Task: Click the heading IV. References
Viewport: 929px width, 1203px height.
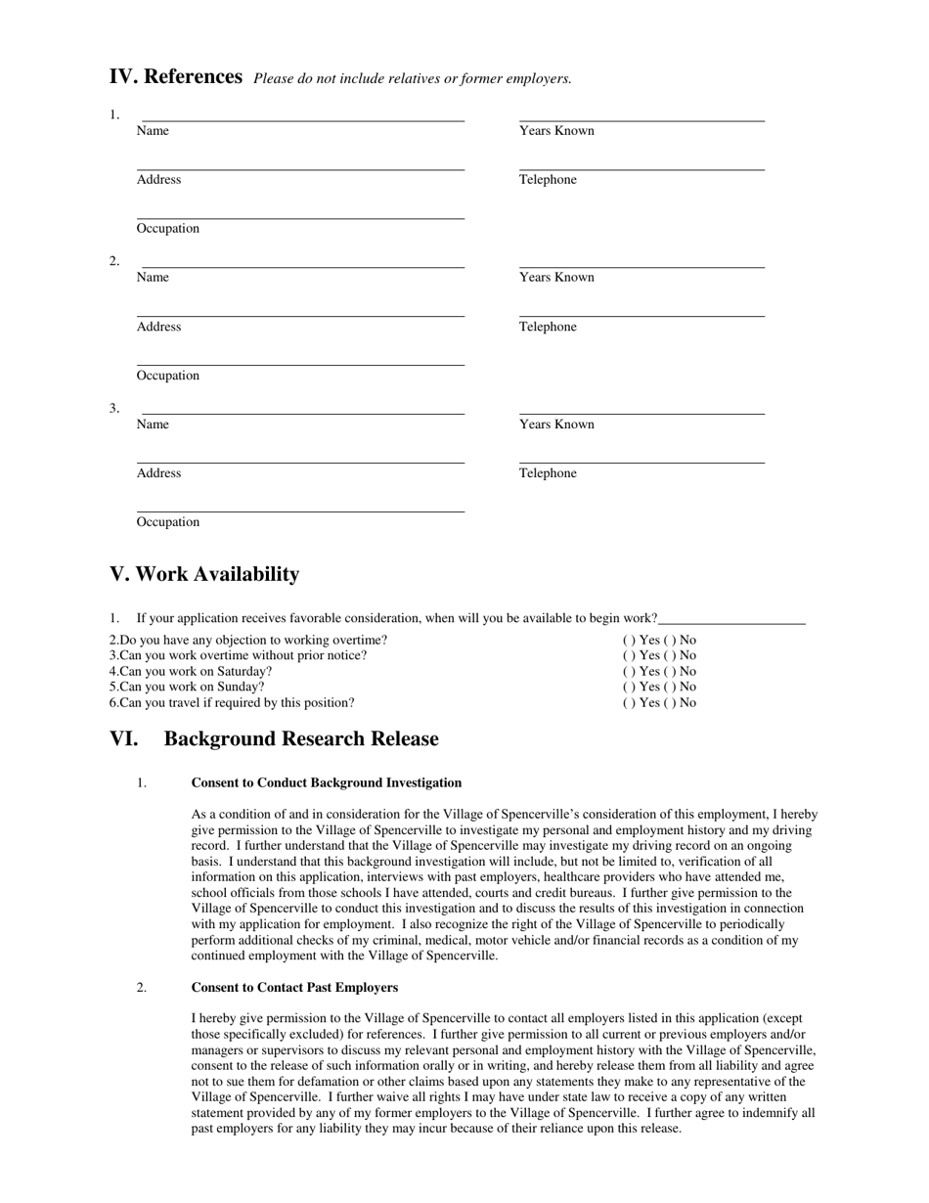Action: (x=176, y=77)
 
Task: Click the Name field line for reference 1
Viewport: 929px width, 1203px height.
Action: (x=302, y=118)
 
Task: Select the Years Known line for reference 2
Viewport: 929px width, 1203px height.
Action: (x=641, y=265)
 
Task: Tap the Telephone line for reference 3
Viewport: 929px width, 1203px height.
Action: (x=641, y=461)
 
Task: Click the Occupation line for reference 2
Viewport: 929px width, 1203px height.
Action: (x=300, y=363)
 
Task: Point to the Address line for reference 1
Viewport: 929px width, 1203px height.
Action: (x=300, y=167)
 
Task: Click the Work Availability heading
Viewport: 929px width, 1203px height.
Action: (x=204, y=574)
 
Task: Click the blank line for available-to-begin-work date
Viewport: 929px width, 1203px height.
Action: (x=731, y=620)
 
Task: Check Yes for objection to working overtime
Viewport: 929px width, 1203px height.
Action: (x=627, y=641)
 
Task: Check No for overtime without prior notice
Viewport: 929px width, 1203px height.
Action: (x=671, y=655)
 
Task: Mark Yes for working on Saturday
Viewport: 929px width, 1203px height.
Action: (x=627, y=672)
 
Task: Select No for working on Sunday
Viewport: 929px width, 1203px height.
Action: (x=671, y=687)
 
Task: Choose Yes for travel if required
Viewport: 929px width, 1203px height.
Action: (x=627, y=703)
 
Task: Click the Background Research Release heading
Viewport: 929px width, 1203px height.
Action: (x=300, y=739)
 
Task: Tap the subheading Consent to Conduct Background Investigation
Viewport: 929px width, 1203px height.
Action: (x=327, y=783)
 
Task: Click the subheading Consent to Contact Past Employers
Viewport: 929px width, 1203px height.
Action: (x=294, y=988)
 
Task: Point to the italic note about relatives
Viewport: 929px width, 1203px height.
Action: (x=413, y=79)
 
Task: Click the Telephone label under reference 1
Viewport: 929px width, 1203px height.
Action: (x=548, y=180)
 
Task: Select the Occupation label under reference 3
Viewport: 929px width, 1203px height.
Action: (x=168, y=522)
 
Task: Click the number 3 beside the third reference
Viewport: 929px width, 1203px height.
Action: (x=114, y=409)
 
